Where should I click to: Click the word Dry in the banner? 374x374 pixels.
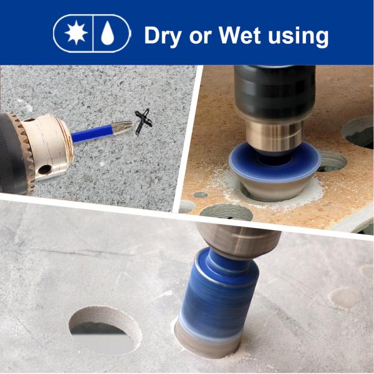pyautogui.click(x=163, y=36)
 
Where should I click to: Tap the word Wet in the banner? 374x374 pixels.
pyautogui.click(x=239, y=35)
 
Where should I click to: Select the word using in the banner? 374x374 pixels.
pyautogui.click(x=299, y=37)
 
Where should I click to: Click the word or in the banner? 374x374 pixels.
pyautogui.click(x=200, y=37)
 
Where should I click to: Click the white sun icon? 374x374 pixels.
pyautogui.click(x=76, y=32)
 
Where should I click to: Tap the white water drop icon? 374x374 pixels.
pyautogui.click(x=108, y=33)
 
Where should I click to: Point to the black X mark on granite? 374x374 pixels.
pyautogui.click(x=143, y=122)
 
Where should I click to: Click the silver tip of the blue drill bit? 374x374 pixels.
pyautogui.click(x=123, y=127)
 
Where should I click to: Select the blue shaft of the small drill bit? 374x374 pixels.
pyautogui.click(x=92, y=134)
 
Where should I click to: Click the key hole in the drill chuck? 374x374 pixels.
pyautogui.click(x=45, y=170)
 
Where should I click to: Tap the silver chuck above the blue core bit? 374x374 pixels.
pyautogui.click(x=239, y=240)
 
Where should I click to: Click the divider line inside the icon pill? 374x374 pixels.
pyautogui.click(x=92, y=34)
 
